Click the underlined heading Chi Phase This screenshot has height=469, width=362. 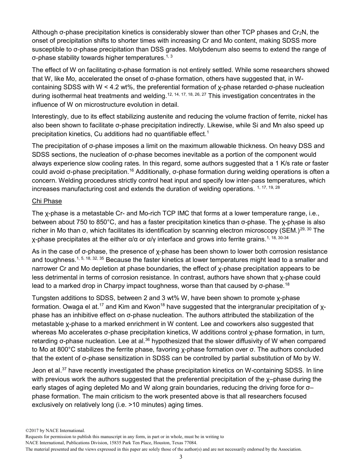46,201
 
